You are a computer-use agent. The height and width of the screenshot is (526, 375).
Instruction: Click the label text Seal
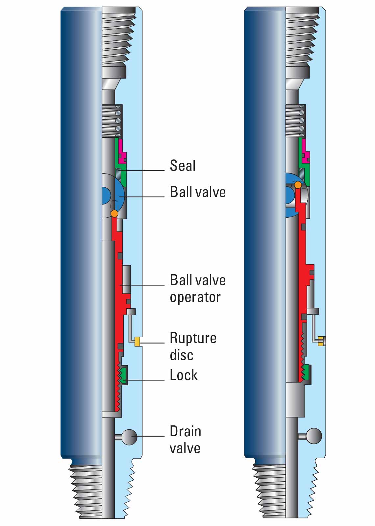(183, 165)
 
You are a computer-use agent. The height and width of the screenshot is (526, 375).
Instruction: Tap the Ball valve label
(198, 192)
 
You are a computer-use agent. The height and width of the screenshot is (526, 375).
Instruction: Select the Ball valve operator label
(197, 288)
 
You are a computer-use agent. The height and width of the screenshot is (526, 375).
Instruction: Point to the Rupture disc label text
(193, 346)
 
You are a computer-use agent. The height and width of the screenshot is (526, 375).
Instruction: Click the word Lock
(184, 375)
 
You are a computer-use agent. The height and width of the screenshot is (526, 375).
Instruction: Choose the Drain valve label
(185, 440)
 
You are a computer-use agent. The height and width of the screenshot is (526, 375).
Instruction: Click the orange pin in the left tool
(114, 213)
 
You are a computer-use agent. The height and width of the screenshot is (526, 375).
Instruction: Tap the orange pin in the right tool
(298, 185)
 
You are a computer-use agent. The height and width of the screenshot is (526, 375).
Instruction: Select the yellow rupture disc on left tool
(137, 342)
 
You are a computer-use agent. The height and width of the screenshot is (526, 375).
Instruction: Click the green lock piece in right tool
(307, 373)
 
